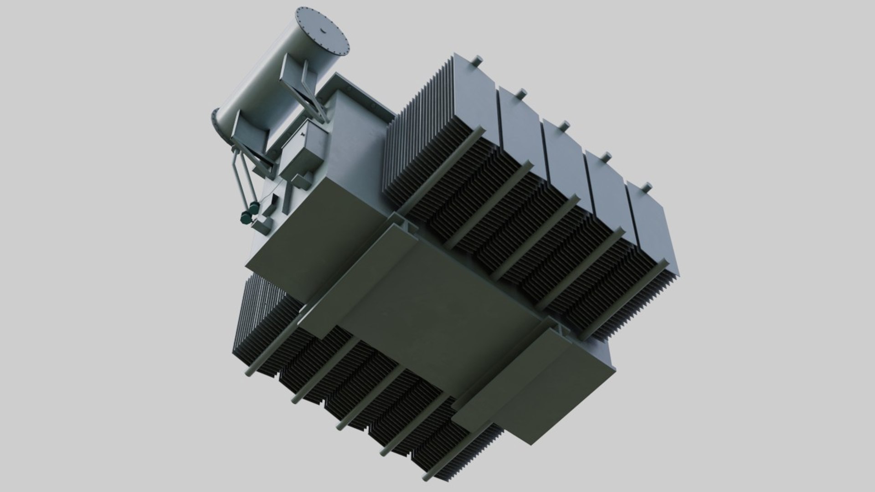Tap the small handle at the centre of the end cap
point(323,31)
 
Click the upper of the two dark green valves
point(253,208)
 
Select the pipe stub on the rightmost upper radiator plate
point(646,186)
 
